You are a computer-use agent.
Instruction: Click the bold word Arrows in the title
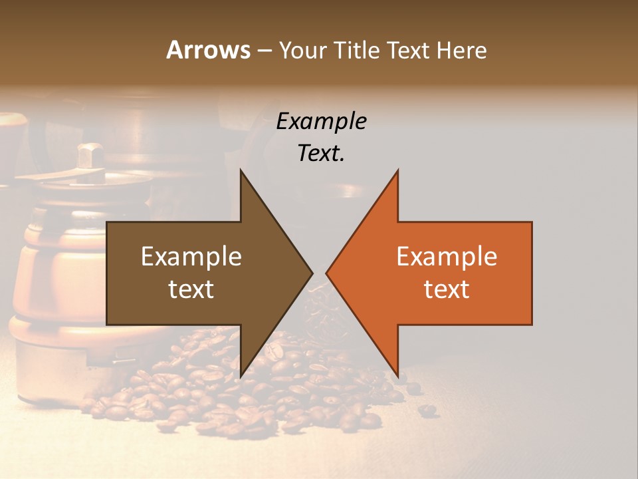pyautogui.click(x=209, y=50)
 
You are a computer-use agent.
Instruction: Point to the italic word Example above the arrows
pyautogui.click(x=321, y=121)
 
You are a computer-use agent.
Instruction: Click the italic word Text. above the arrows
pyautogui.click(x=321, y=153)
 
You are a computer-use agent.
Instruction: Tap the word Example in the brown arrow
pyautogui.click(x=191, y=256)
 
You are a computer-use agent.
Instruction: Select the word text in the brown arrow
pyautogui.click(x=191, y=289)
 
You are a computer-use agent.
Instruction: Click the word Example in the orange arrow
pyautogui.click(x=447, y=256)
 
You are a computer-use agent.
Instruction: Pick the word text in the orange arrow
pyautogui.click(x=447, y=289)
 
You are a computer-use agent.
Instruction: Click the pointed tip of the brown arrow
pyautogui.click(x=312, y=273)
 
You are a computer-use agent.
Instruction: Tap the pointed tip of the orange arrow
pyautogui.click(x=327, y=273)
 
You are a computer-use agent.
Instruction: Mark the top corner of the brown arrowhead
pyautogui.click(x=241, y=171)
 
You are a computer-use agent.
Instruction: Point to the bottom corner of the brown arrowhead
pyautogui.click(x=241, y=375)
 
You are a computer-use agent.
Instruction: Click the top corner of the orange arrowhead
pyautogui.click(x=397, y=171)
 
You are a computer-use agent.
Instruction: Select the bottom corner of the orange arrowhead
pyautogui.click(x=397, y=375)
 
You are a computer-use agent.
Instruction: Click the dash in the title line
pyautogui.click(x=264, y=51)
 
